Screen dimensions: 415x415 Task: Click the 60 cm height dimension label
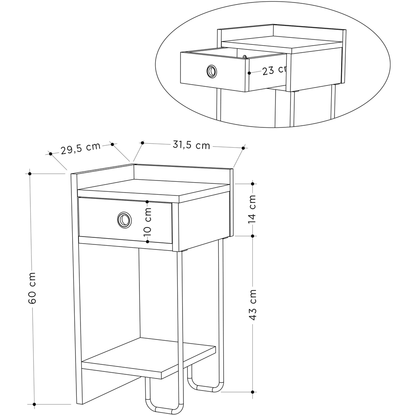[33, 288]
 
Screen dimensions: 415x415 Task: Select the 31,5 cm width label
[191, 145]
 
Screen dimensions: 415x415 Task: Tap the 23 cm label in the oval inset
[274, 70]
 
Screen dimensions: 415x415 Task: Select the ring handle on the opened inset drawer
[211, 71]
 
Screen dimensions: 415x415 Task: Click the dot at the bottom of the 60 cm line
[34, 404]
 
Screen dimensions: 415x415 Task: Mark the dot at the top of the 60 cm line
[30, 173]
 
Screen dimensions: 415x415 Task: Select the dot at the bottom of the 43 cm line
[253, 391]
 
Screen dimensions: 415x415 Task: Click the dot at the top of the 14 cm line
[253, 183]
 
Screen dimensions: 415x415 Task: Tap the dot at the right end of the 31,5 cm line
[244, 147]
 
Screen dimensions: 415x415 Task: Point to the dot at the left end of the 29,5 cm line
[51, 154]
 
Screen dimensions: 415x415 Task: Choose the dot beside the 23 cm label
[249, 73]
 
